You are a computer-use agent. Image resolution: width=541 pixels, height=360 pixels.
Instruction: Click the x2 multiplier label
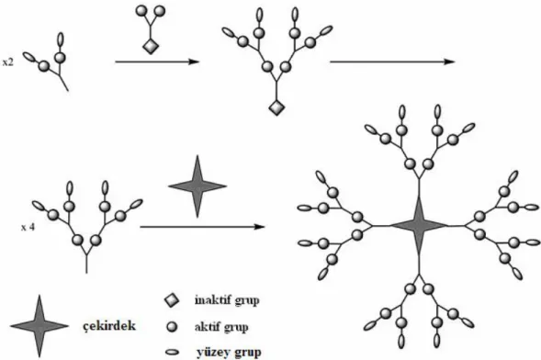[x=8, y=62]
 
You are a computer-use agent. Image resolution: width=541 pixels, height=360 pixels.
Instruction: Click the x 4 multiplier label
[x=28, y=227]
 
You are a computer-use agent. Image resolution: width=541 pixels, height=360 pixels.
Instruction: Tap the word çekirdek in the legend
[x=109, y=326]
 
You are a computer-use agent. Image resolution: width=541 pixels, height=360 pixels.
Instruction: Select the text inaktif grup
[x=227, y=300]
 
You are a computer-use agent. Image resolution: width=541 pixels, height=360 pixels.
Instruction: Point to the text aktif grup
[x=221, y=327]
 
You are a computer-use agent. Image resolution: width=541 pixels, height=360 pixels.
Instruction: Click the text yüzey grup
[x=229, y=353]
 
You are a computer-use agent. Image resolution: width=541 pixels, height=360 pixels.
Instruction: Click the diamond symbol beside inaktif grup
[x=172, y=300]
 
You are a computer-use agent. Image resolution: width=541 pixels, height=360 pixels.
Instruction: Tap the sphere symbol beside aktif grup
[x=172, y=327]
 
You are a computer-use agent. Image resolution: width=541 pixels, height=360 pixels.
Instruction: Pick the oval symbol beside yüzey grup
[x=173, y=353]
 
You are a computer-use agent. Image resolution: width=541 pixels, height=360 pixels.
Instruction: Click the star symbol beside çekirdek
[x=39, y=326]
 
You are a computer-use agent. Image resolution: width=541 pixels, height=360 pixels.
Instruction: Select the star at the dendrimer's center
[x=419, y=226]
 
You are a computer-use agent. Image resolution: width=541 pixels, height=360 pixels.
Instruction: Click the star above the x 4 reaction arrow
[x=197, y=186]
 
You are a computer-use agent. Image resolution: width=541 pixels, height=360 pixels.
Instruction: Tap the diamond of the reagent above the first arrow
[x=151, y=46]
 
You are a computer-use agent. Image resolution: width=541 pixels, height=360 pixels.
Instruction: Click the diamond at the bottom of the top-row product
[x=276, y=108]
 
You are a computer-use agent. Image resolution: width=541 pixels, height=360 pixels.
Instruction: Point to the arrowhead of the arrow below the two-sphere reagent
[x=195, y=62]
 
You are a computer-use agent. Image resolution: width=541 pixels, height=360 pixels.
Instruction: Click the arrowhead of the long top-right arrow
[x=449, y=62]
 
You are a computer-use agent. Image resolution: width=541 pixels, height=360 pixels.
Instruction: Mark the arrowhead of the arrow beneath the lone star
[x=260, y=227]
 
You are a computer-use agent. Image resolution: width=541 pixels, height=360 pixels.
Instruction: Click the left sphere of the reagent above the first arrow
[x=141, y=11]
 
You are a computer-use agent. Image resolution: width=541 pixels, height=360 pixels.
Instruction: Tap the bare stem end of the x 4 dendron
[x=86, y=273]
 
